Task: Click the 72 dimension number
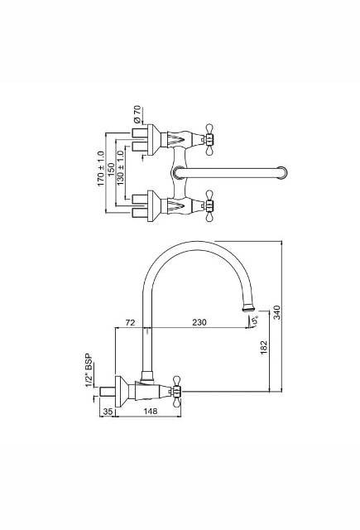pyautogui.click(x=130, y=321)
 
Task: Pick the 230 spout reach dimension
pyautogui.click(x=199, y=321)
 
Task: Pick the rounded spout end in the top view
pyautogui.click(x=284, y=172)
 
